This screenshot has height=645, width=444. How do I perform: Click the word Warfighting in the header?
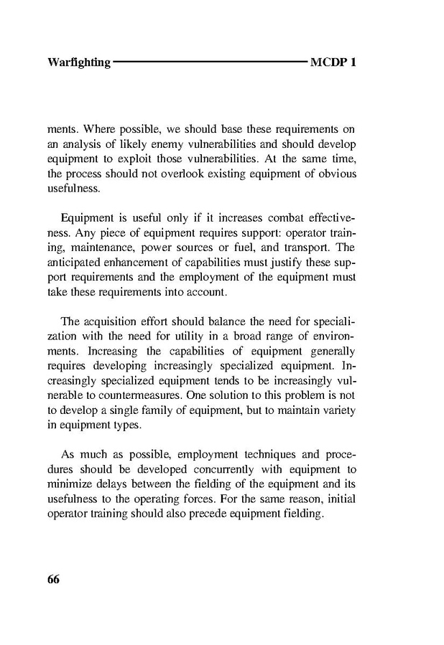coord(79,62)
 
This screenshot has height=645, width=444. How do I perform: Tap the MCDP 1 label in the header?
coord(333,62)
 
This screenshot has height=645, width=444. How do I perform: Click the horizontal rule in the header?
coord(210,62)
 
